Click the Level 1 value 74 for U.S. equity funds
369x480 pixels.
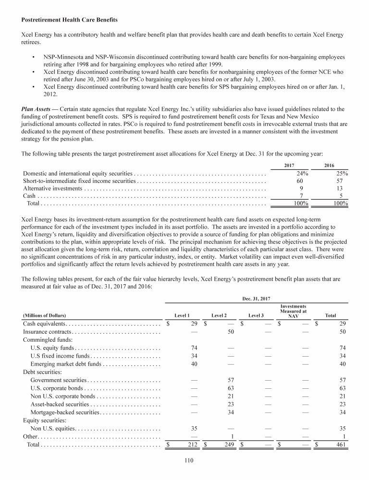coord(195,348)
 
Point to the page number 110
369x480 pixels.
coord(184,462)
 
